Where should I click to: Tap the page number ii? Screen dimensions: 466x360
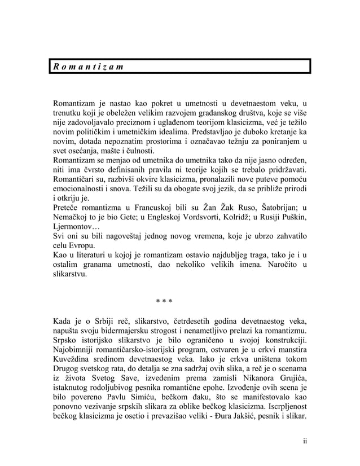305,441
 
